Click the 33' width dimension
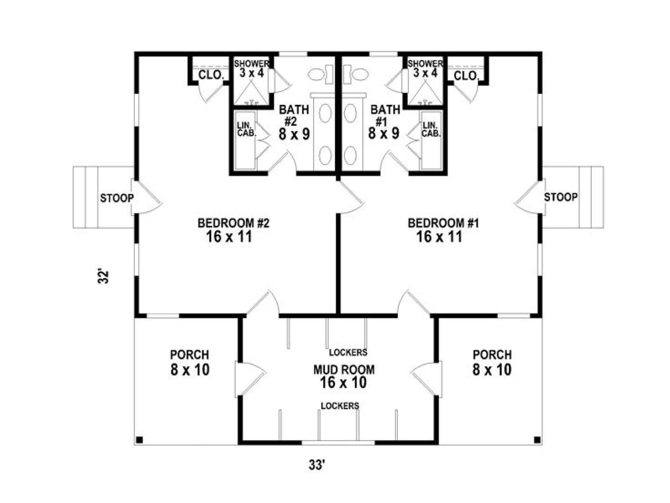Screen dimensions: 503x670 [x=317, y=465]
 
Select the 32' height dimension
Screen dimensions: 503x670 [x=103, y=277]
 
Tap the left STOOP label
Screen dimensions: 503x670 [x=116, y=198]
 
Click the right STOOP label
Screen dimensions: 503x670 [x=560, y=197]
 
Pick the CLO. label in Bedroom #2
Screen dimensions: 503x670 [x=211, y=76]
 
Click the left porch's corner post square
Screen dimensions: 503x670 [x=139, y=440]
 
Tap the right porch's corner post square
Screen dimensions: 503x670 [x=537, y=440]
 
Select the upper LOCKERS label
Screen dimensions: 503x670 [x=348, y=352]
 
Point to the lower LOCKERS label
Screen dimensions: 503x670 [x=340, y=406]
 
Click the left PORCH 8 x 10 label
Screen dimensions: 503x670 [x=190, y=362]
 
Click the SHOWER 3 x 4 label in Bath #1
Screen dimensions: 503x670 [x=425, y=68]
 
